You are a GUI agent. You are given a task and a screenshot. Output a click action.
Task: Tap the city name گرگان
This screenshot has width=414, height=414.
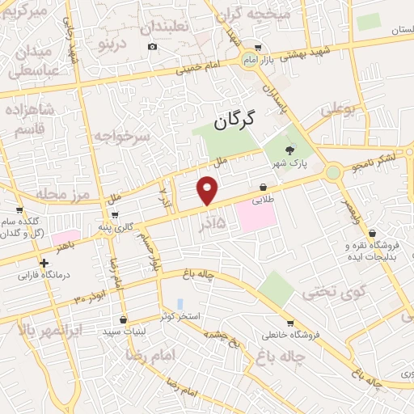pos(234,121)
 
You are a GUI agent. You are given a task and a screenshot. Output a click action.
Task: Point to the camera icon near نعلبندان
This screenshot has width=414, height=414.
pos(153,46)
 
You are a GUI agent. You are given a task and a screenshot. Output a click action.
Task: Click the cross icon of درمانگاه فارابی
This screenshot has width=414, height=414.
pos(43,262)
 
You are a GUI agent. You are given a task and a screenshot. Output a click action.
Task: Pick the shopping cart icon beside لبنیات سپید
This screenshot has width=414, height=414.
pos(122,319)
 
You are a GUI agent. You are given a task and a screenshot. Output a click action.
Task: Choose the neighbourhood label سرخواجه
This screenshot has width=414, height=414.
pos(121,137)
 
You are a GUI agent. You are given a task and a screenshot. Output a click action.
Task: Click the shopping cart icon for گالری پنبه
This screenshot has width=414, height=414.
pos(117,214)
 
